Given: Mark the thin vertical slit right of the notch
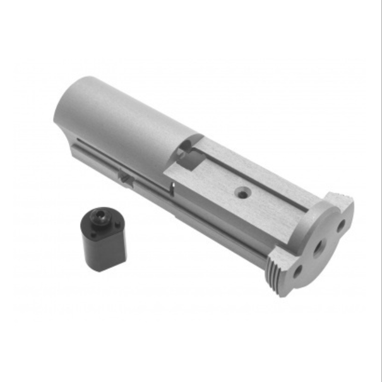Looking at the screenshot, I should [x=172, y=187].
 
